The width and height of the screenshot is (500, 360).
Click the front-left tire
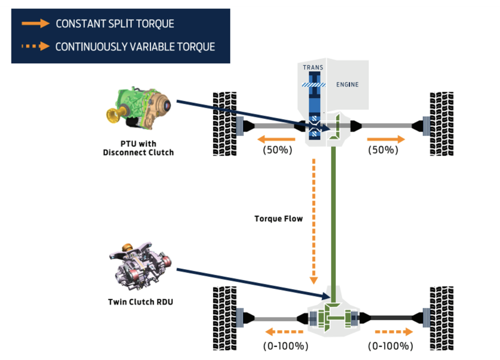pyautogui.click(x=225, y=124)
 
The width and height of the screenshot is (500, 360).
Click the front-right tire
pyautogui.click(x=441, y=124)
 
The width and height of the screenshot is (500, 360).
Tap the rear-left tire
pyautogui.click(x=225, y=318)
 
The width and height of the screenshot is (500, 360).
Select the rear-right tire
pyautogui.click(x=441, y=318)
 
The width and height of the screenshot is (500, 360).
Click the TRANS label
pyautogui.click(x=313, y=67)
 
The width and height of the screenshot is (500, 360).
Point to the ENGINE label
pyautogui.click(x=347, y=84)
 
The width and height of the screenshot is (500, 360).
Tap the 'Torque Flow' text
pyautogui.click(x=279, y=219)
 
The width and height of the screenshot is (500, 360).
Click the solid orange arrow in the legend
pyautogui.click(x=35, y=24)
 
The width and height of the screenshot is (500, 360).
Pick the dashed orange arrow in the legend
pyautogui.click(x=35, y=46)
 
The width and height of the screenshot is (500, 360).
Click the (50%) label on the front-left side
pyautogui.click(x=277, y=150)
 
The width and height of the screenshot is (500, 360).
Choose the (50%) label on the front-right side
pyautogui.click(x=383, y=150)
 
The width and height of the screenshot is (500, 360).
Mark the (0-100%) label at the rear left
pyautogui.click(x=285, y=346)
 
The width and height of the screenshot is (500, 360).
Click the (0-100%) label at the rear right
pyautogui.click(x=390, y=346)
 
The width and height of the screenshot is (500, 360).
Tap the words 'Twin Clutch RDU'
pyautogui.click(x=140, y=302)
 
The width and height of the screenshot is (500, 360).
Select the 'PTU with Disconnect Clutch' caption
pyautogui.click(x=138, y=148)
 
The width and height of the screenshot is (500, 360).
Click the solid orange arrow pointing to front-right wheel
pyautogui.click(x=386, y=139)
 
